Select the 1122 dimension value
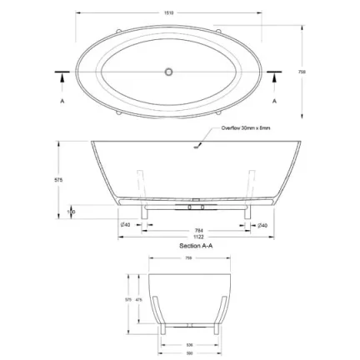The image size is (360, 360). pyautogui.click(x=197, y=237)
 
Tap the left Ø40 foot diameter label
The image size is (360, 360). pyautogui.click(x=125, y=225)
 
